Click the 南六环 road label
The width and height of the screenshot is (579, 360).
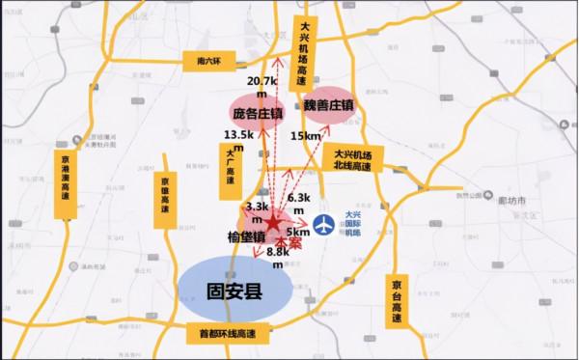204,61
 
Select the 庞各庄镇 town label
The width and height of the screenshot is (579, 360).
258,113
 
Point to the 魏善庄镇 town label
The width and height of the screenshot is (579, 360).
328,102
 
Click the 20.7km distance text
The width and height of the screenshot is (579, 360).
262,88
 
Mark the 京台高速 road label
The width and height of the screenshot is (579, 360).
398,298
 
